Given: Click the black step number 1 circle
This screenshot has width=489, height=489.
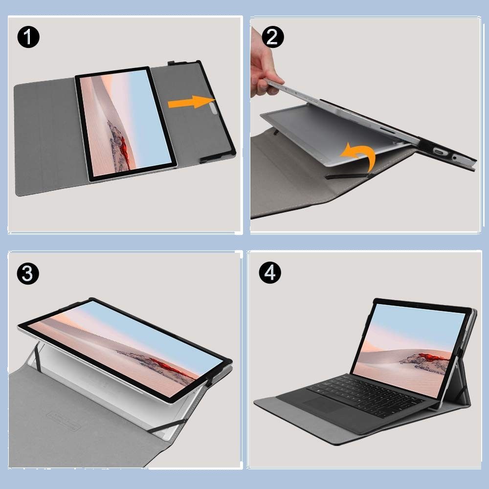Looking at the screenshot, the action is tap(28, 37).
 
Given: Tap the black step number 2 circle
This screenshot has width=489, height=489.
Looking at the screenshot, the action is tap(273, 37).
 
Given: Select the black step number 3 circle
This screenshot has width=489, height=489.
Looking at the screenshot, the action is tap(28, 273).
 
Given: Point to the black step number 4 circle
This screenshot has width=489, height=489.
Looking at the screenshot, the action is tap(270, 272).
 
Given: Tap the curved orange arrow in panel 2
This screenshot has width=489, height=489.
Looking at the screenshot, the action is tap(358, 156).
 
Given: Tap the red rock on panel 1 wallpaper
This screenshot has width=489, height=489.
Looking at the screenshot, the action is tap(124, 149).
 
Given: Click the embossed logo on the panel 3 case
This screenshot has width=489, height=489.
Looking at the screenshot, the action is tap(63, 421).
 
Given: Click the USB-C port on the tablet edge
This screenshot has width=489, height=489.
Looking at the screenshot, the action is tap(439, 152).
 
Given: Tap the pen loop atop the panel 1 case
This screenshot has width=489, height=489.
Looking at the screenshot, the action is tap(175, 63).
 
